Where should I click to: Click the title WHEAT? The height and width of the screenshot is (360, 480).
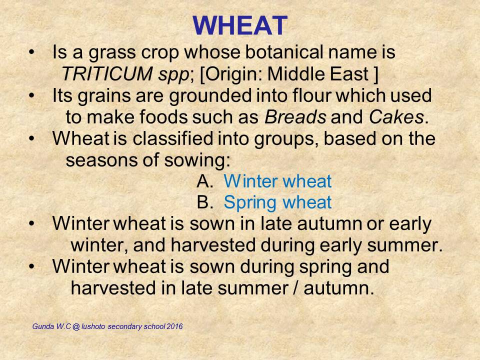240,25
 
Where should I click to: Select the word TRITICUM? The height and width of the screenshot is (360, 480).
107,74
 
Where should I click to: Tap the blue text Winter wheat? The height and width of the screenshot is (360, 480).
277,181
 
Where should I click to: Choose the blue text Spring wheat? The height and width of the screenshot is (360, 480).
277,202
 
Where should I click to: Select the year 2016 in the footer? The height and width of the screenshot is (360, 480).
175,326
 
